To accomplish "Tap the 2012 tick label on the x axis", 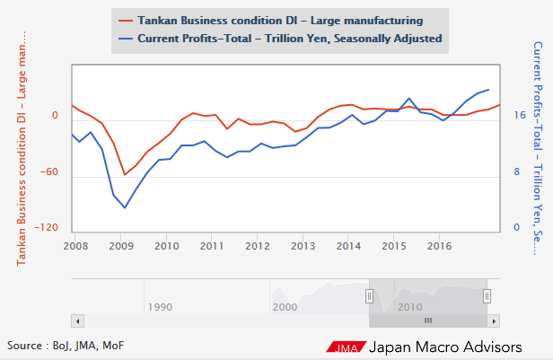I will point(257,245).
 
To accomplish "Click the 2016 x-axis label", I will point(439,245).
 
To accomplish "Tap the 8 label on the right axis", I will point(516,172).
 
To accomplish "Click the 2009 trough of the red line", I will point(125,175).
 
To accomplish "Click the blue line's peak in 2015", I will point(409,98).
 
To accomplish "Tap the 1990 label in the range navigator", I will point(160,307).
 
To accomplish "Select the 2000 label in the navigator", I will point(285,307).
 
